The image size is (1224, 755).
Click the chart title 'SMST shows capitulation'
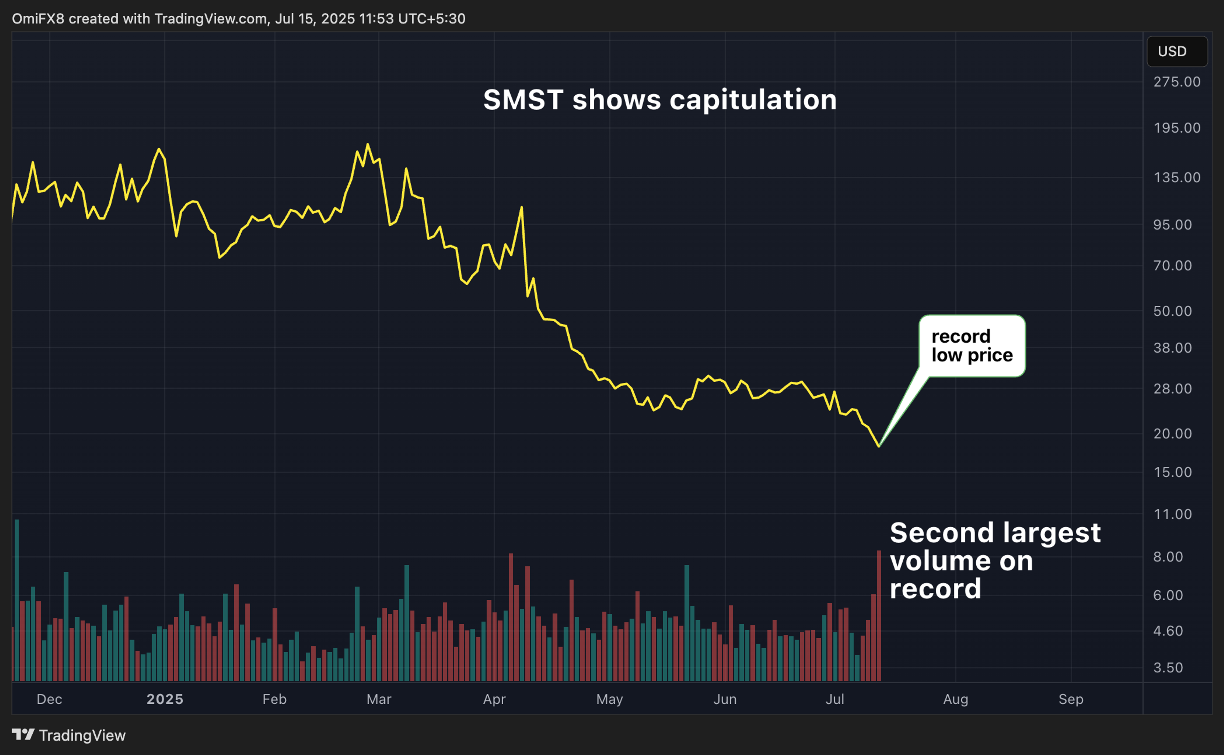coord(659,99)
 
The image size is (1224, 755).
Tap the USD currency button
coord(1177,51)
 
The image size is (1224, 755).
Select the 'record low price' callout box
coord(972,346)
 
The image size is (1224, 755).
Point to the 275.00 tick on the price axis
coord(1177,82)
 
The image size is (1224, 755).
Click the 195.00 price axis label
coord(1177,128)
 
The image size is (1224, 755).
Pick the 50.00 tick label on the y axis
coord(1172,311)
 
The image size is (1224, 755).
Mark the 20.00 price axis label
coord(1172,433)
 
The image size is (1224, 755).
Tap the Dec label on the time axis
coord(49,699)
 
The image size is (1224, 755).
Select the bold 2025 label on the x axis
coord(165,699)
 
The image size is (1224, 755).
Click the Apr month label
coord(494,699)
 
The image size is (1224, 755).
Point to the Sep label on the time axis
coord(1071,699)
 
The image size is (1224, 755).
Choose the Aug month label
coord(955,699)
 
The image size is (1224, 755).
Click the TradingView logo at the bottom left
coord(69,735)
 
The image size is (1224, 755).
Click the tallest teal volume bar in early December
coord(17,599)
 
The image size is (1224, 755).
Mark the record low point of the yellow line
coord(878,446)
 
